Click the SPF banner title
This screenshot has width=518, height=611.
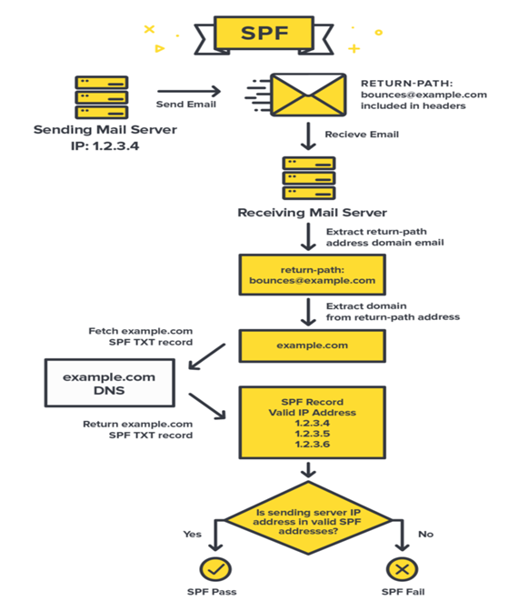[264, 33]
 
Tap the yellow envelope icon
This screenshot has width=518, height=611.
[308, 95]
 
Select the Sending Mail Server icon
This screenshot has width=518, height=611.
[102, 97]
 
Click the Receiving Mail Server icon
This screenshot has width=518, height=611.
[309, 178]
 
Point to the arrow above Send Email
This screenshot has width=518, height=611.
[189, 91]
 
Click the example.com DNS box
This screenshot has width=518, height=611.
[109, 383]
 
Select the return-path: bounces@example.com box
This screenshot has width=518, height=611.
[313, 275]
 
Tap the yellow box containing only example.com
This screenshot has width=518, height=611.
[313, 346]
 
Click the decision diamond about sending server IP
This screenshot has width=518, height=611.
[308, 518]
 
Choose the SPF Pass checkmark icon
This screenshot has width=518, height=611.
[215, 569]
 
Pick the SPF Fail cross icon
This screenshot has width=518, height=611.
[402, 569]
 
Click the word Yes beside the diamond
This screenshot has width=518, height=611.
[193, 534]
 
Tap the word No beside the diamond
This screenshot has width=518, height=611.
[425, 534]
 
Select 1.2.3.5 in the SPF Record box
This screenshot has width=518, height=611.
[313, 434]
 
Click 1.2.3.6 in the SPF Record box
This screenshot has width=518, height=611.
[313, 444]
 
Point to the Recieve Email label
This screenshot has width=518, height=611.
[362, 135]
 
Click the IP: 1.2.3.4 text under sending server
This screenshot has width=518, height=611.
[105, 146]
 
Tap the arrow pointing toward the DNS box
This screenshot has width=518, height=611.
[207, 356]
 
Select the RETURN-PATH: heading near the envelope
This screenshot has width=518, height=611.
[406, 84]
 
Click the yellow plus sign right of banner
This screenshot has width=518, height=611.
[354, 49]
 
